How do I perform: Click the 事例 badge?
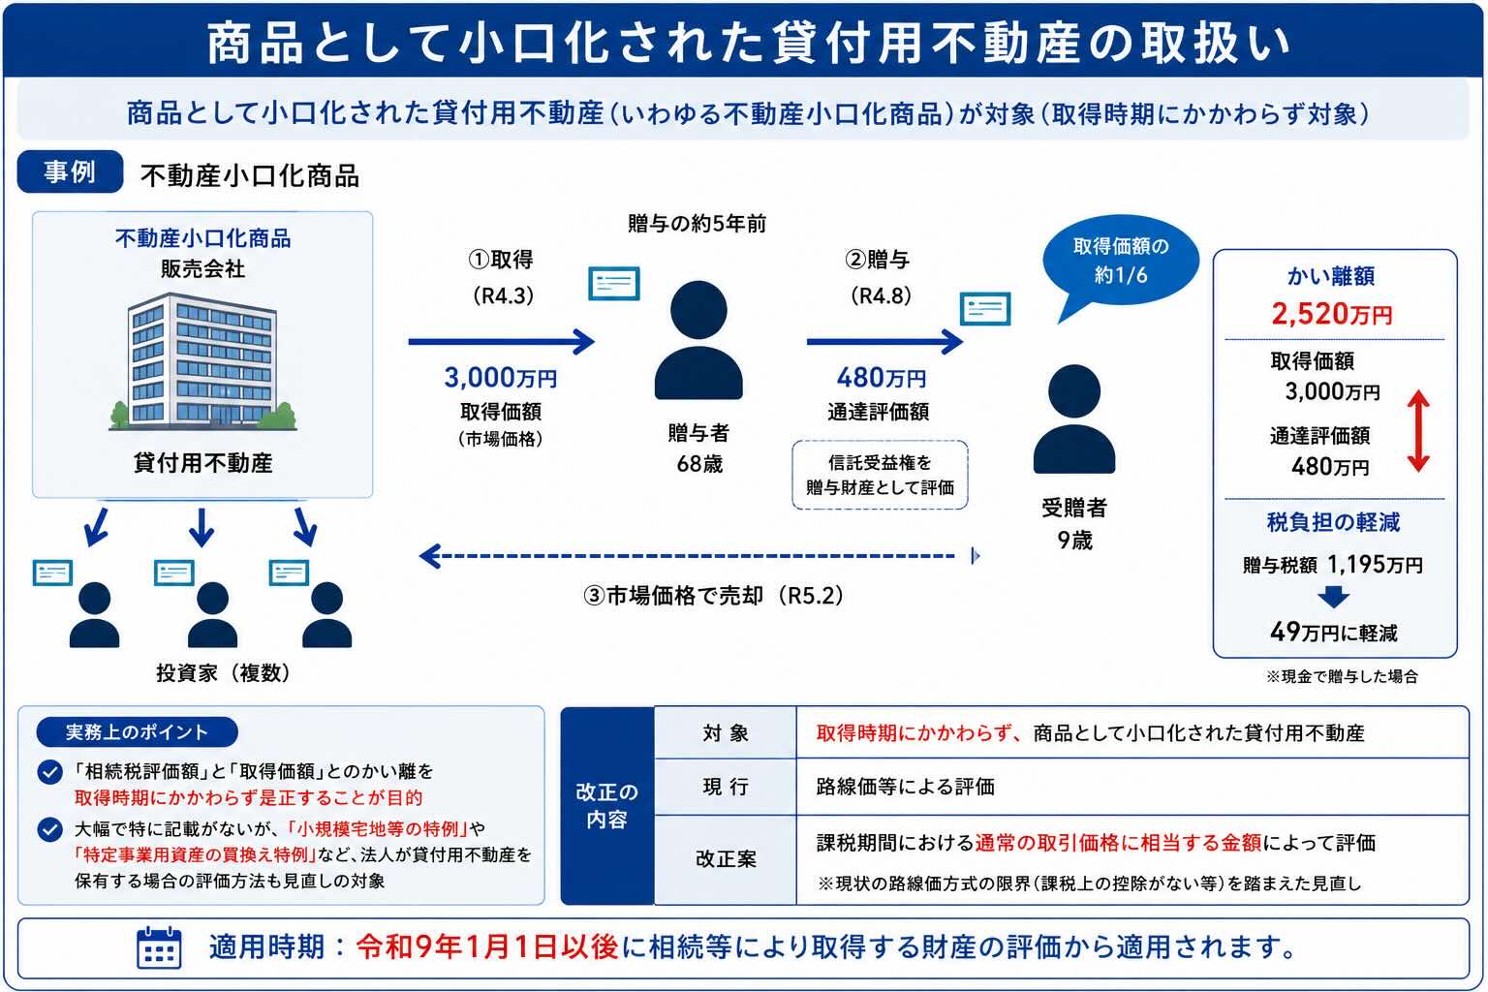(70, 171)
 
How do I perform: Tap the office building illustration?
(203, 362)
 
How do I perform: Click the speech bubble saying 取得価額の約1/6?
(1121, 262)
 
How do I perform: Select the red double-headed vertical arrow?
(1418, 430)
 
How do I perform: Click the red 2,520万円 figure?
(1332, 314)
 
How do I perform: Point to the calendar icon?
(159, 946)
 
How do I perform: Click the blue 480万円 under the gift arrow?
(881, 378)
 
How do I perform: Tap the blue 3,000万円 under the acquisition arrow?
(500, 378)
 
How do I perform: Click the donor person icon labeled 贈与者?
(698, 339)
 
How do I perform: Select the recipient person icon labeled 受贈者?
(1074, 418)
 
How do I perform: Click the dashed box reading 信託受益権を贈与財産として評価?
(880, 475)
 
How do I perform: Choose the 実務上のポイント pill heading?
(137, 732)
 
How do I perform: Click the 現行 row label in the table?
(726, 787)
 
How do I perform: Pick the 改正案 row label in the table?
(726, 859)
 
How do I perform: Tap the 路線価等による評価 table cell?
(906, 787)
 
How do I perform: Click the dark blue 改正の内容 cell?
(607, 805)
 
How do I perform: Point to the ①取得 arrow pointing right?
(502, 342)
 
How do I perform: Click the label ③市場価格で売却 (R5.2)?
(713, 596)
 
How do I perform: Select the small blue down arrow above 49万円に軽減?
(1333, 597)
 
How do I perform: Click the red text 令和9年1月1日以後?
(487, 946)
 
